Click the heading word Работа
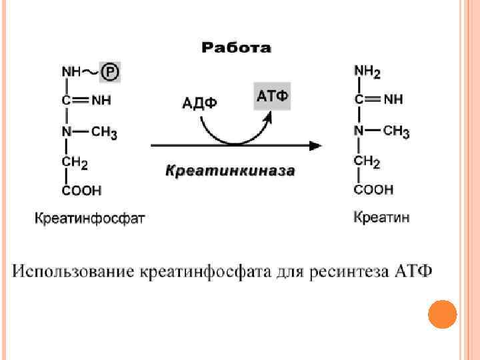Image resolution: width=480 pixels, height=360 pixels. [236, 47]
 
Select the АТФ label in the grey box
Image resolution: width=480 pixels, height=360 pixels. [272, 96]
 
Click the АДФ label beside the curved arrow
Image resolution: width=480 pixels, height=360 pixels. [199, 103]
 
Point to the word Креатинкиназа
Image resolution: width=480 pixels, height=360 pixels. [230, 171]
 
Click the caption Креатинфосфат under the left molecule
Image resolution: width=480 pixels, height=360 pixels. [89, 217]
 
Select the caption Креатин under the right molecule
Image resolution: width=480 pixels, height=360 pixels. [381, 217]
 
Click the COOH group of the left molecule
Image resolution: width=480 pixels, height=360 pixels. [81, 191]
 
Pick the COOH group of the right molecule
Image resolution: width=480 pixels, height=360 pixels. [373, 190]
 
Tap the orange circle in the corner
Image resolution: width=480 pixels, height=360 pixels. [441, 315]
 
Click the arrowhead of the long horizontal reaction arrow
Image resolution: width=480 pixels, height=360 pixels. [317, 145]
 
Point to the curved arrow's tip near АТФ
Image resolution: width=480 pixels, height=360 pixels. [269, 116]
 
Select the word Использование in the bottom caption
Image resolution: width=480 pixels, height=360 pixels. [73, 272]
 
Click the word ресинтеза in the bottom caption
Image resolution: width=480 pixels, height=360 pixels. [352, 272]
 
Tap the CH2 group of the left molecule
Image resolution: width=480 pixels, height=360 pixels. [74, 162]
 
